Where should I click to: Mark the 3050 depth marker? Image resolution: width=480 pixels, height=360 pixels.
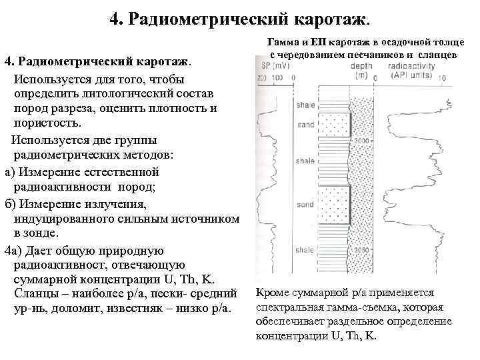click(361, 249)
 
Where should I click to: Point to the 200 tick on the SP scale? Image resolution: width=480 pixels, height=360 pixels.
click(261, 79)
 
